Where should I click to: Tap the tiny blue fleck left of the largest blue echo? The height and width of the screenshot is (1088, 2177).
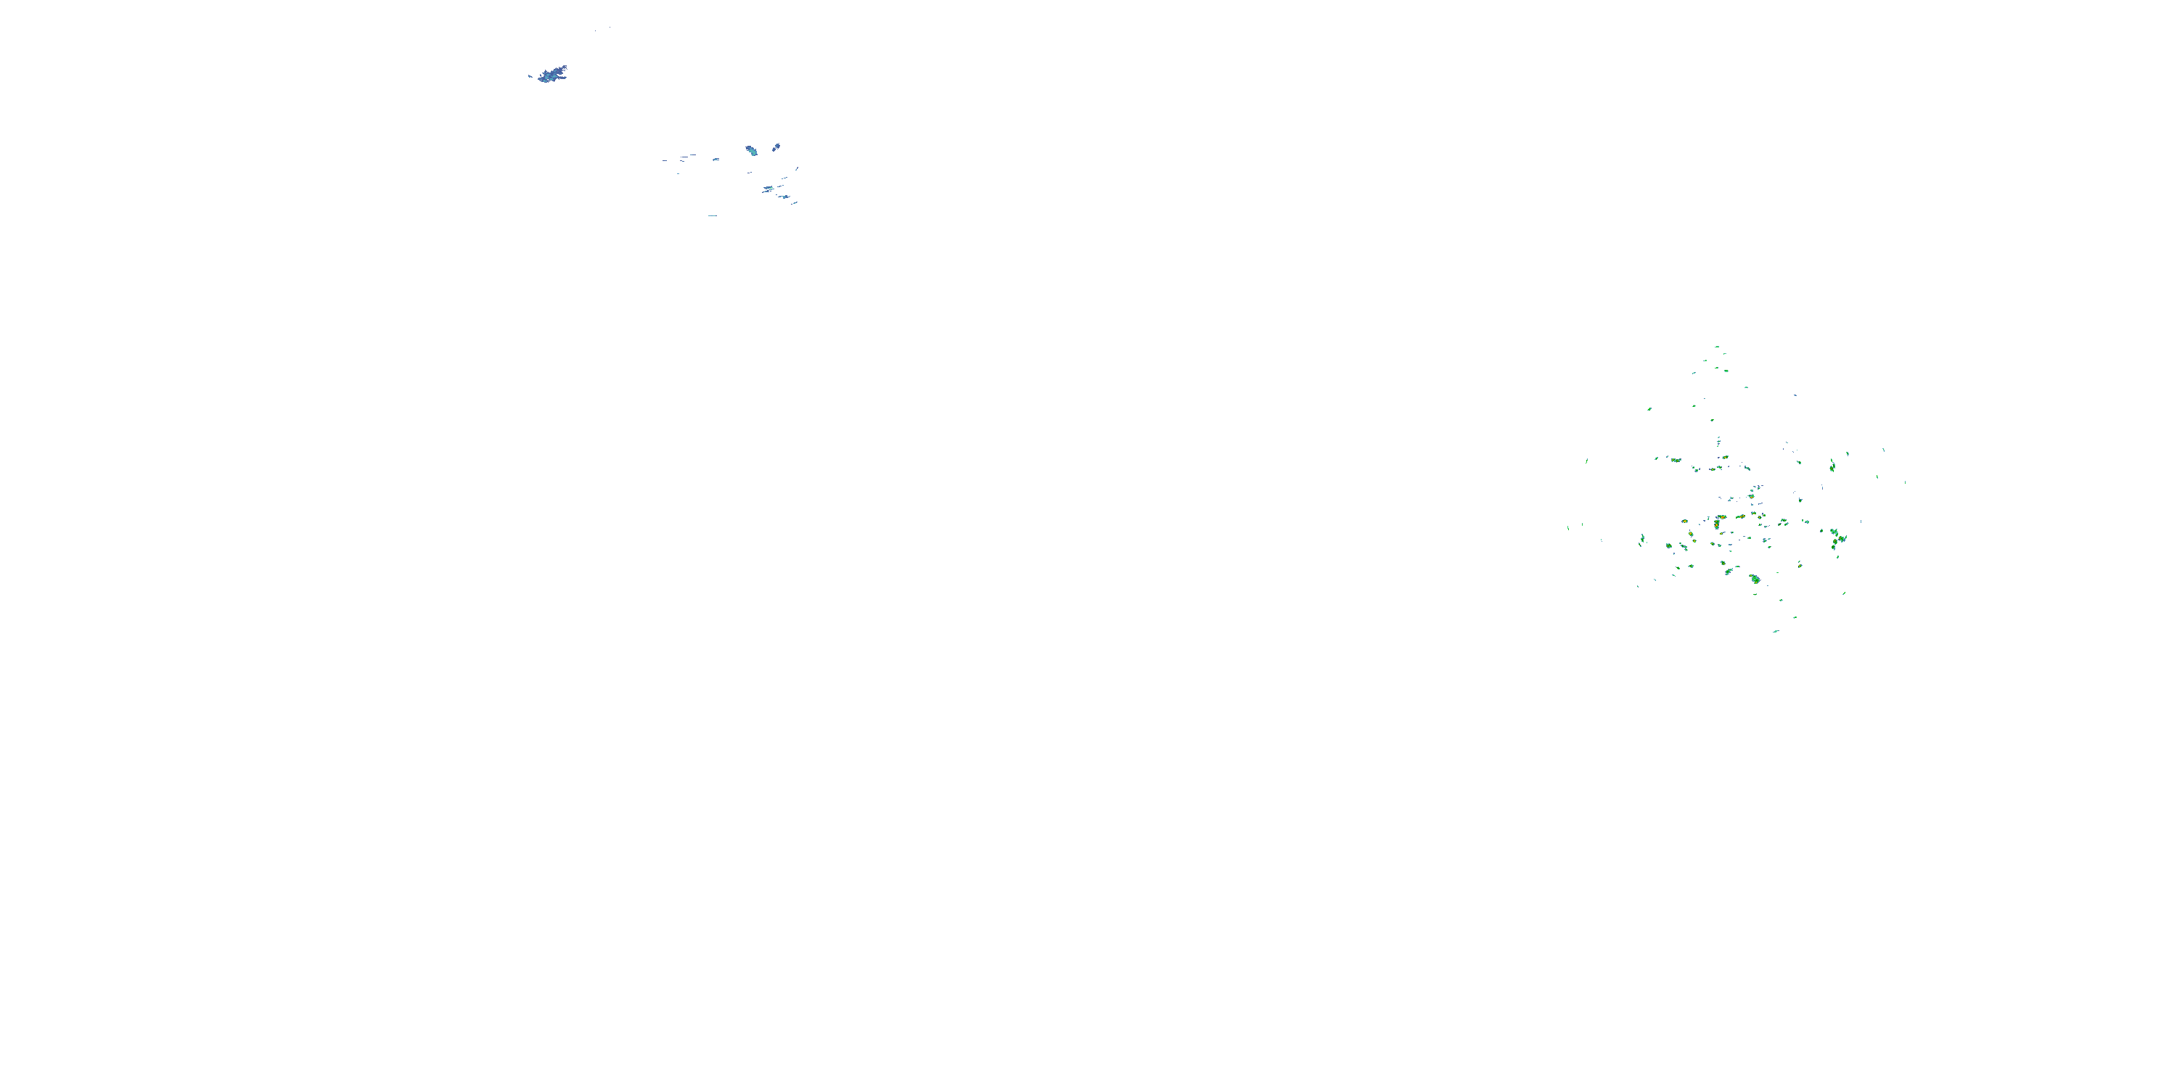click(530, 76)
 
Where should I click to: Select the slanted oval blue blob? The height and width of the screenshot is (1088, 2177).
click(776, 147)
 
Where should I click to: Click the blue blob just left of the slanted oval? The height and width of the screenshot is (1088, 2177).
click(750, 150)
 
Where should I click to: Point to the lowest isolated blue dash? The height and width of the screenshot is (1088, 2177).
click(713, 215)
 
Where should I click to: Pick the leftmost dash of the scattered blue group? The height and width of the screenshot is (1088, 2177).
click(664, 160)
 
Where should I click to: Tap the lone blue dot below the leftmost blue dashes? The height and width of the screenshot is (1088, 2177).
click(678, 173)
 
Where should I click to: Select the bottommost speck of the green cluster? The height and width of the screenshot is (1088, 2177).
click(1775, 631)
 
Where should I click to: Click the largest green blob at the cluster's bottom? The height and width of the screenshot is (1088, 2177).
click(1755, 579)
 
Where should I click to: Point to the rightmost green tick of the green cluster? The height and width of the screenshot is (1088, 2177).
click(1905, 482)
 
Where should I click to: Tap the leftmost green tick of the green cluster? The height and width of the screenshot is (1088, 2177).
click(1568, 528)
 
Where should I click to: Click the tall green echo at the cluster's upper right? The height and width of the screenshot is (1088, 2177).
click(1832, 465)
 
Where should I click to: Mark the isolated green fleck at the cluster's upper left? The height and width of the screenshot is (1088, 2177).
click(1649, 409)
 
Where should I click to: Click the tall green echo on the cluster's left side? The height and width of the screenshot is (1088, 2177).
click(1642, 539)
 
